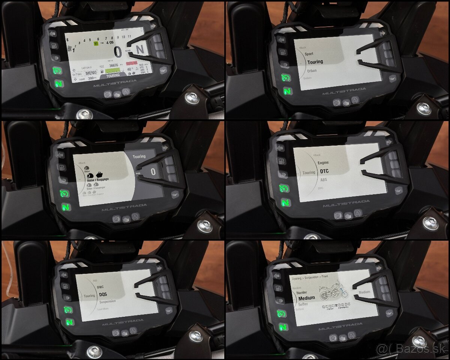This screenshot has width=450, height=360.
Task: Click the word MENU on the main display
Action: tap(91, 73)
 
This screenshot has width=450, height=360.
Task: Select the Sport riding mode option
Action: tap(309, 54)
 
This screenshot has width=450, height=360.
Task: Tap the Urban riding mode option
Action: tap(312, 71)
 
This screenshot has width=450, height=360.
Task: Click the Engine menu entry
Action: tap(323, 163)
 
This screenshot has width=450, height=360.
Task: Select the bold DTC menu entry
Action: tap(324, 171)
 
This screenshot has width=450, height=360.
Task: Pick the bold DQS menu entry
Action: tap(103, 294)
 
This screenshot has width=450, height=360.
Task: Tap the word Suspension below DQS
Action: tap(107, 301)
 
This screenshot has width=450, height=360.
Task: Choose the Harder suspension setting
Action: tap(302, 292)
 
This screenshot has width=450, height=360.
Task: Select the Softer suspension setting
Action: tap(303, 304)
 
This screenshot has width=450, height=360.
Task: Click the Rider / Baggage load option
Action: tap(96, 180)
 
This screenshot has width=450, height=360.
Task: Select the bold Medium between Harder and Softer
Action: tap(307, 298)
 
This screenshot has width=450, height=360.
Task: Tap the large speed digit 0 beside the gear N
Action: tap(118, 52)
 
